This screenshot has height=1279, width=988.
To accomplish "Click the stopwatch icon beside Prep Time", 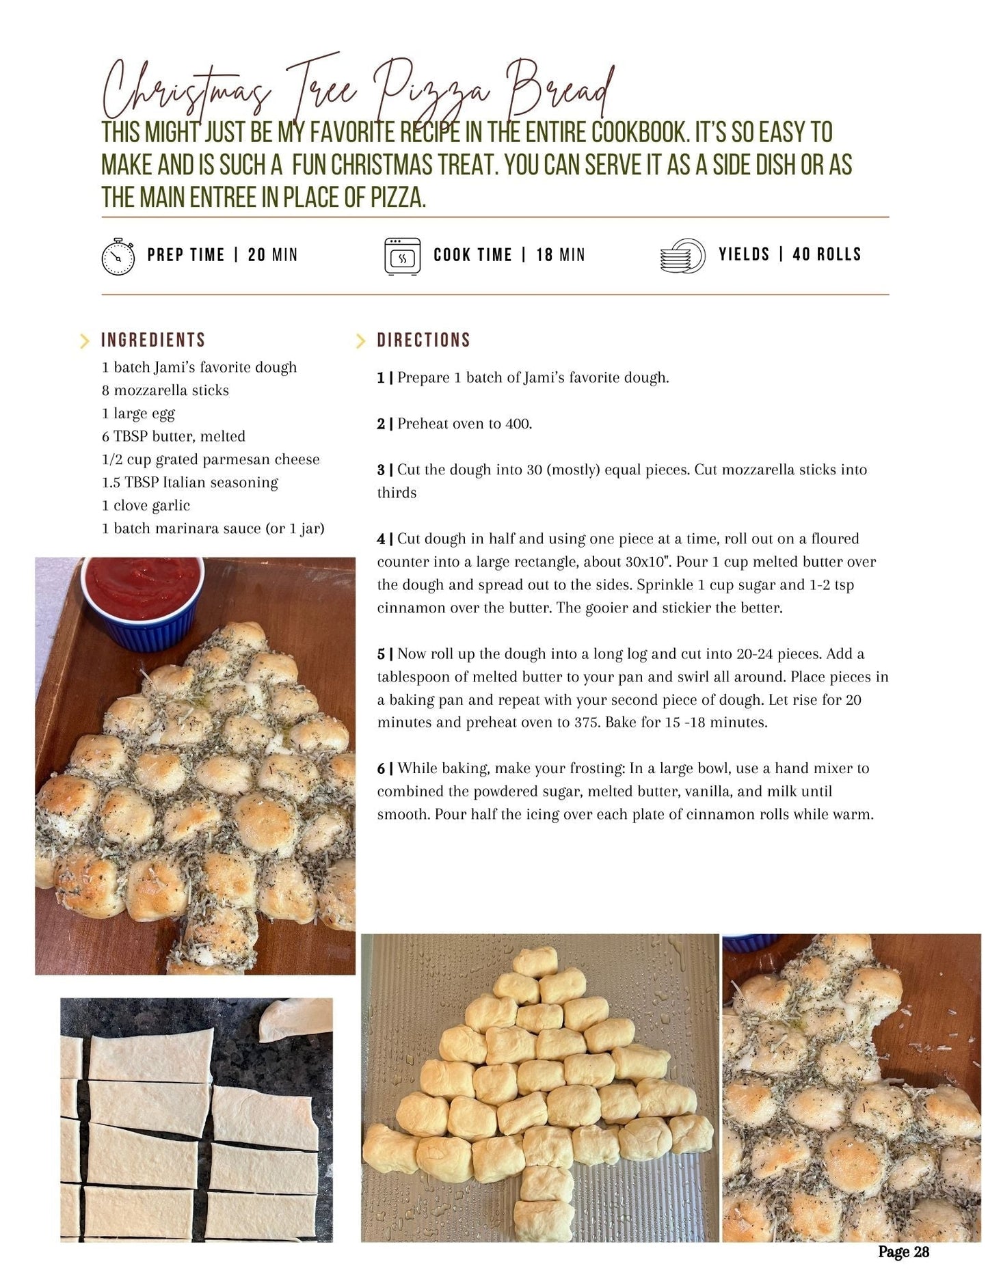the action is click(x=118, y=256).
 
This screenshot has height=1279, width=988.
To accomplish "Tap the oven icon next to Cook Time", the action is click(x=402, y=256).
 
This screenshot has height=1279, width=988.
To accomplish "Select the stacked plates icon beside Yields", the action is click(x=682, y=256).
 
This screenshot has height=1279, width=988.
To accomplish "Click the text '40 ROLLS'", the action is click(x=827, y=254).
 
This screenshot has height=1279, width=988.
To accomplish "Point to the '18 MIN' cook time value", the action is click(x=561, y=255).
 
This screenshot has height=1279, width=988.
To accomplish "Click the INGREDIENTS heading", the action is click(x=153, y=340).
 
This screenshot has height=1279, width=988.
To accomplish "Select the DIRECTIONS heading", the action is click(x=424, y=340).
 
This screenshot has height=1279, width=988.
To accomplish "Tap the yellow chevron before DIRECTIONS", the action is click(x=360, y=340).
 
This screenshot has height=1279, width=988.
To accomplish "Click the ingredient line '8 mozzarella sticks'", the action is click(x=165, y=390).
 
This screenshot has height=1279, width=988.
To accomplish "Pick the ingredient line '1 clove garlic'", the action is click(x=146, y=505).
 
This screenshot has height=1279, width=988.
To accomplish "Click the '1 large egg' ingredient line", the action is click(x=139, y=414).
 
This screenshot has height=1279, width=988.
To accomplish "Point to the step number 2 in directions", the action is click(x=381, y=424).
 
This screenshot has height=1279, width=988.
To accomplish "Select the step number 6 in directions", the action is click(x=381, y=768).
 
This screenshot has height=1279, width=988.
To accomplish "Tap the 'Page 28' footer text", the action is click(x=904, y=1252).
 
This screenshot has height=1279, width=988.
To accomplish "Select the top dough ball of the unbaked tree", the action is click(x=535, y=962).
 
